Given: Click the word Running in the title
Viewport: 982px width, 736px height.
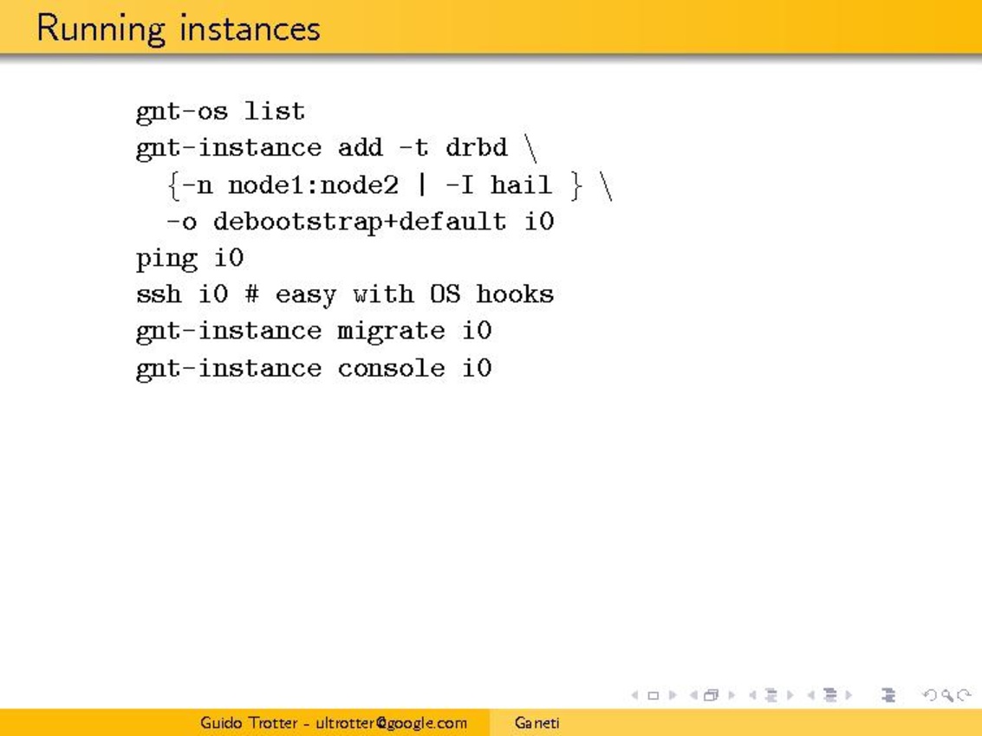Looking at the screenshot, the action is (x=101, y=29).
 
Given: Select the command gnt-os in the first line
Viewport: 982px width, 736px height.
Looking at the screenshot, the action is (x=182, y=113).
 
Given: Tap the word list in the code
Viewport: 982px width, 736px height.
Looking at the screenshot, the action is (x=274, y=111).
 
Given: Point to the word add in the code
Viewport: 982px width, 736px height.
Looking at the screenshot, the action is (x=360, y=147).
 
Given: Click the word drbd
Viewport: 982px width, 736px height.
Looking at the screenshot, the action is (x=477, y=147).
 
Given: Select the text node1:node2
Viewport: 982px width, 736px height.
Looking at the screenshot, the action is (x=313, y=184).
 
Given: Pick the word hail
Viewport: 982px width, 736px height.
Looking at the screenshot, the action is (x=521, y=184).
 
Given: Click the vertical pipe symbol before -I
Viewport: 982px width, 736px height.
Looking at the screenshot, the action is (x=422, y=184).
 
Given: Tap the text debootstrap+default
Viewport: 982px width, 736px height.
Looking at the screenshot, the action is (x=360, y=222).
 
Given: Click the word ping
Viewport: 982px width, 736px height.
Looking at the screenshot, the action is (x=166, y=259).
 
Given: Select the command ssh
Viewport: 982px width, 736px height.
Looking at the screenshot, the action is (x=159, y=294).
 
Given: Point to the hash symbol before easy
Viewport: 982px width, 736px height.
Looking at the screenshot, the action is (x=251, y=294).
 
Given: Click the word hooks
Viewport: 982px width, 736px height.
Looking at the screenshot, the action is (x=515, y=294).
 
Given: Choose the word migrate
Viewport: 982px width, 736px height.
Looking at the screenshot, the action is (x=392, y=331).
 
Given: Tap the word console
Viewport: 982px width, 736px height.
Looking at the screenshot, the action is (x=392, y=368).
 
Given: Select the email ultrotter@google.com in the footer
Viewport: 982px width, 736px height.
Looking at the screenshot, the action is (x=392, y=724).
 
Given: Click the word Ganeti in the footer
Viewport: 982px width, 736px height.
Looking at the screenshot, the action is (x=537, y=723).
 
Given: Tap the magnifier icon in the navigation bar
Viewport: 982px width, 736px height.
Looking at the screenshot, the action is (x=947, y=695).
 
